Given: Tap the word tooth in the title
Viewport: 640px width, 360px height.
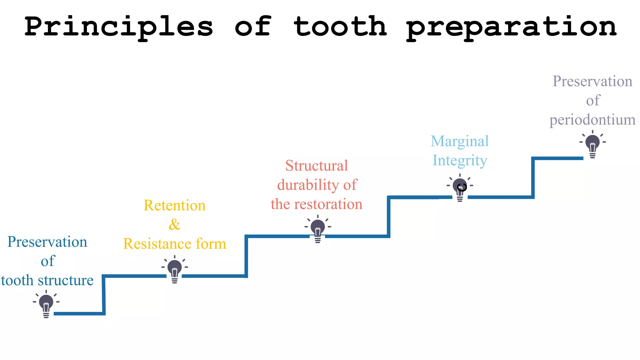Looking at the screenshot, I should (340, 27).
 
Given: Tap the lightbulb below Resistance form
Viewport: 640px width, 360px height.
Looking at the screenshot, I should (175, 269).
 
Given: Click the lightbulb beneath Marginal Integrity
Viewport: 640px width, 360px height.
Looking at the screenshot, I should (460, 187).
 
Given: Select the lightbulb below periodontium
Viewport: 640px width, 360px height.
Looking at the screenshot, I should (592, 144).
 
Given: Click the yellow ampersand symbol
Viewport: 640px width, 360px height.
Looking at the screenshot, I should (174, 224).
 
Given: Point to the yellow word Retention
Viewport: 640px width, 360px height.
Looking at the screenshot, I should (174, 205).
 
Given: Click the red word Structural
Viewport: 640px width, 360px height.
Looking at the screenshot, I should (317, 166).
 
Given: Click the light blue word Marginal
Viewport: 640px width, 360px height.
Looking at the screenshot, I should (460, 141).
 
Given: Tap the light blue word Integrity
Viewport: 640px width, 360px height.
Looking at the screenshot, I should (460, 161).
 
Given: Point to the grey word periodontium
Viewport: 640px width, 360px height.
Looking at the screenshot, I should (592, 120).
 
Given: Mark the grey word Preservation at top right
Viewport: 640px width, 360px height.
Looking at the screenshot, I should (592, 81).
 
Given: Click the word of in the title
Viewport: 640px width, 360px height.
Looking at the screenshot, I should (252, 27).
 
